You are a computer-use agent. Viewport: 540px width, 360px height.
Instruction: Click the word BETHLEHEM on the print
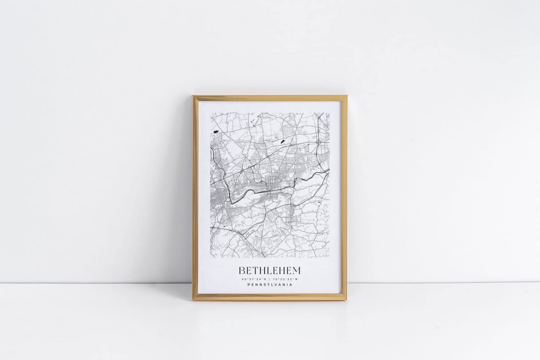tap(269, 270)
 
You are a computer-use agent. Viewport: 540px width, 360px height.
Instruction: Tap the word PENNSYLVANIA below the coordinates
tap(269, 285)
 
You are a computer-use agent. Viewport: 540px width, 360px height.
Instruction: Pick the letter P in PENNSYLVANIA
tap(248, 285)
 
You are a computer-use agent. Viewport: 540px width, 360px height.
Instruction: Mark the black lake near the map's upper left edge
tap(216, 132)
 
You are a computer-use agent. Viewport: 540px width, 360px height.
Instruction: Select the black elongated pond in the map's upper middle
tap(282, 141)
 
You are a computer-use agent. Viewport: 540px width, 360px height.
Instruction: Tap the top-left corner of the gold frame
tap(193, 96)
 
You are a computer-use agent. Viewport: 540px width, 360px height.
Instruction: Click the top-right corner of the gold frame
tap(347, 96)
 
